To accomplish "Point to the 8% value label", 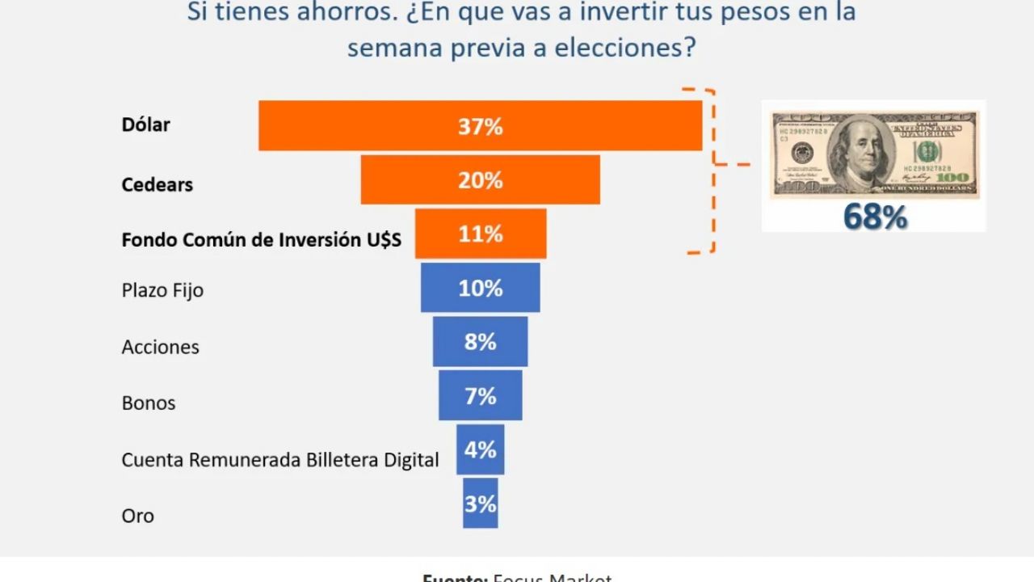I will [x=480, y=342].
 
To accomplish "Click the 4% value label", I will [x=481, y=449].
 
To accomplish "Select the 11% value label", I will [x=481, y=234].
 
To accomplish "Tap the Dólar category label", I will [x=146, y=124].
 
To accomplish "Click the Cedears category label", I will [x=158, y=184].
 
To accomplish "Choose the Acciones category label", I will [x=160, y=347].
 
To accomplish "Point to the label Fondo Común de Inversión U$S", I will [x=261, y=240].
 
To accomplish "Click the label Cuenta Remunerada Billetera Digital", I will [x=280, y=460].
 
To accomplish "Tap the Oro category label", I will [x=137, y=516].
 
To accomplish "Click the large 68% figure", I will [x=875, y=217].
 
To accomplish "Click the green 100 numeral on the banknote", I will [x=927, y=150].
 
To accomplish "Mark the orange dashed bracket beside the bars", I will [x=712, y=170].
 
